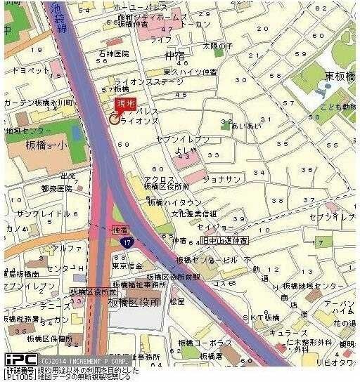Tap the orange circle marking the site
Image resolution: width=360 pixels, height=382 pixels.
pos(114,119)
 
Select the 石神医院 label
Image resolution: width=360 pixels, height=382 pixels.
pos(114,53)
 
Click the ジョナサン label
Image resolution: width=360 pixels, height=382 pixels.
pos(218,178)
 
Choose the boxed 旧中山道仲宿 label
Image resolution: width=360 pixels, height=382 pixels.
pos(224,241)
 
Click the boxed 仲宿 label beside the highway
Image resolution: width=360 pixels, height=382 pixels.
pos(120,230)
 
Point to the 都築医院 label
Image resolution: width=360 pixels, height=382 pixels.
pos(57,188)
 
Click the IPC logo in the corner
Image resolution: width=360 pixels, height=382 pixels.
pos(20,360)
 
